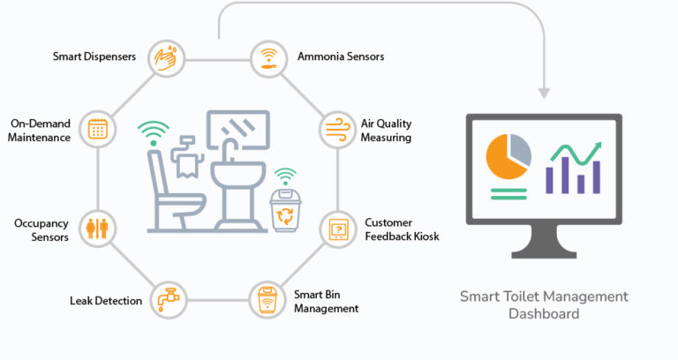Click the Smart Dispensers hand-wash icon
tap(167, 57)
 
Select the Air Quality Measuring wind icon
tap(336, 127)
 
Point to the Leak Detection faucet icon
tap(167, 300)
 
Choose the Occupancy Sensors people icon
tap(97, 229)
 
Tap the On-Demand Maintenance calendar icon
tap(97, 129)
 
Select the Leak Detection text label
tap(106, 301)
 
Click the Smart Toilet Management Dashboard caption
tap(544, 304)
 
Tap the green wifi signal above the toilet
tap(154, 133)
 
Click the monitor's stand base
tap(544, 250)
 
